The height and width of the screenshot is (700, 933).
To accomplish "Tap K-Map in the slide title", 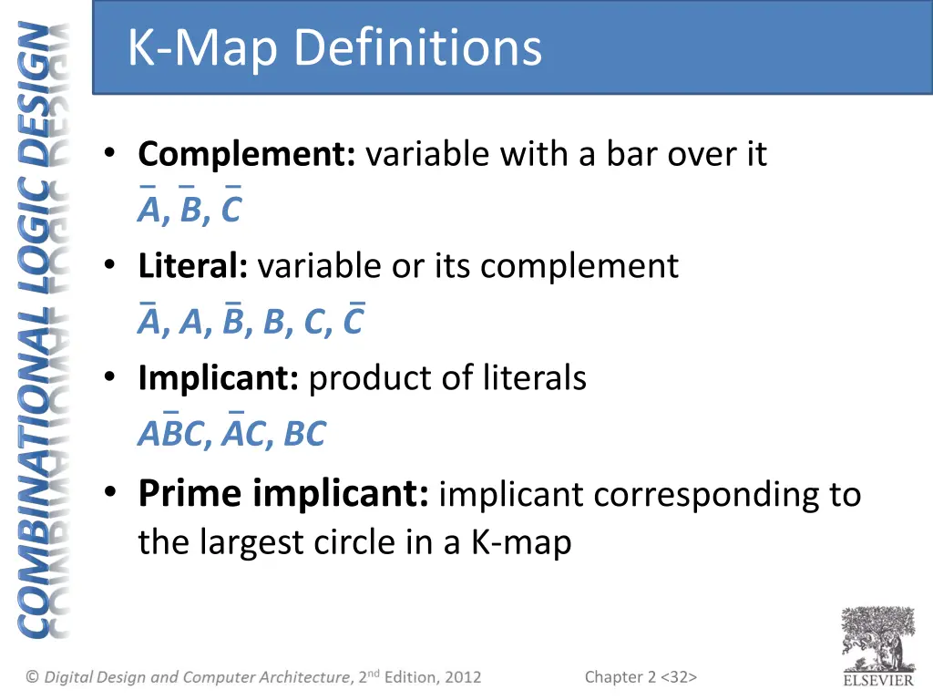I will (x=202, y=47).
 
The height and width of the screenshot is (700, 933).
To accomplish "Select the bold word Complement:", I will (x=247, y=154).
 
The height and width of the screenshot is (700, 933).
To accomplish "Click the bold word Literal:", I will (x=193, y=266).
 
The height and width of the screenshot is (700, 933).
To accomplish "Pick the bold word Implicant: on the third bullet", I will (x=219, y=377).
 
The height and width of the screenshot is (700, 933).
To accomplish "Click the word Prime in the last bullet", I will (x=190, y=493).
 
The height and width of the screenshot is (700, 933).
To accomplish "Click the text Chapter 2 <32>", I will (x=641, y=676).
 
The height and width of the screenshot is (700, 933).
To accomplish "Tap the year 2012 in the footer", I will (x=463, y=677).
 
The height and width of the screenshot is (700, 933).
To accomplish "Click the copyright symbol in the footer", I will (x=33, y=677).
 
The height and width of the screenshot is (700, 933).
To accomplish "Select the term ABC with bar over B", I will (x=170, y=434).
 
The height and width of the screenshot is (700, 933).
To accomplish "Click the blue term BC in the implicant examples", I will (x=304, y=435).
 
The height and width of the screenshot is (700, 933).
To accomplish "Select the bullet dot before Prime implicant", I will (x=110, y=493).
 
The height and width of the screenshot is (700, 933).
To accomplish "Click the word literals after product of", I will (x=535, y=377).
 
